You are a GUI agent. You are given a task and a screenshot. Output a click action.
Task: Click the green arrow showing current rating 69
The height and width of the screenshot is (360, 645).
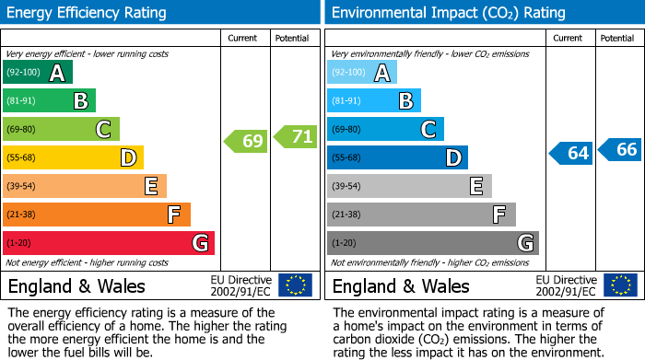245,142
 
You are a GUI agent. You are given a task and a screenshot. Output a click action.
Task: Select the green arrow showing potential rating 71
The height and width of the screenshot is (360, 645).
296,137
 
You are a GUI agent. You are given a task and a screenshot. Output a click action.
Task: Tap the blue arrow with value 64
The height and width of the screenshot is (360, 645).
570,153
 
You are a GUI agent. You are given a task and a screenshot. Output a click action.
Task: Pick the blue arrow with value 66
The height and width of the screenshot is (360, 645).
620,149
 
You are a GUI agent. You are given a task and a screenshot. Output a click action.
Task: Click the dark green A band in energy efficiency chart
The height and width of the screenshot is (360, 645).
38,73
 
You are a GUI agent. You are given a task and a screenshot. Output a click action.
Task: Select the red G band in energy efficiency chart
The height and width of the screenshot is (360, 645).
109,243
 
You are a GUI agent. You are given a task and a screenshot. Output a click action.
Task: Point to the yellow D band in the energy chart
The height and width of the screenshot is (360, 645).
73,158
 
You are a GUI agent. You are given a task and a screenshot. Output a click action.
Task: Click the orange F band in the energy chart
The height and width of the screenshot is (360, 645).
97,215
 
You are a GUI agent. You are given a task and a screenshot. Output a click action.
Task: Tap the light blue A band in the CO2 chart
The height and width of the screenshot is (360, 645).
362,73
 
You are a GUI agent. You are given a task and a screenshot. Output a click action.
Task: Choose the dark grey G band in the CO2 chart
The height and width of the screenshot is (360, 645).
433,243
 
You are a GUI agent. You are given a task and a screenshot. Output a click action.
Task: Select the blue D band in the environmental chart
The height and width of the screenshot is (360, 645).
397,158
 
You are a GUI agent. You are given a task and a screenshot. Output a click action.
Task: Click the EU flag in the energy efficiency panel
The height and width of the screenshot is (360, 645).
296,285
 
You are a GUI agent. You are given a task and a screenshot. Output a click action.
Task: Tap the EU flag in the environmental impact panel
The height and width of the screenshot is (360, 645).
620,285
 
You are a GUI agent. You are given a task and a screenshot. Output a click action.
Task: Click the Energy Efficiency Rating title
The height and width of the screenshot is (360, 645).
88,13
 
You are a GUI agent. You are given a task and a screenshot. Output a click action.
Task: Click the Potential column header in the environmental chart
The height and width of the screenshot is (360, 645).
617,38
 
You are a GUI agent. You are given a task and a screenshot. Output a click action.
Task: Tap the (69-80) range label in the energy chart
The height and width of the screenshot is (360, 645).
20,130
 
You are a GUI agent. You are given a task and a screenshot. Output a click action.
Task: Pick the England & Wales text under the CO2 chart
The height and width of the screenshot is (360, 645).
401,285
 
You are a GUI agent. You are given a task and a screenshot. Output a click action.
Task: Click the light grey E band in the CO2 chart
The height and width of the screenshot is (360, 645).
409,187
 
